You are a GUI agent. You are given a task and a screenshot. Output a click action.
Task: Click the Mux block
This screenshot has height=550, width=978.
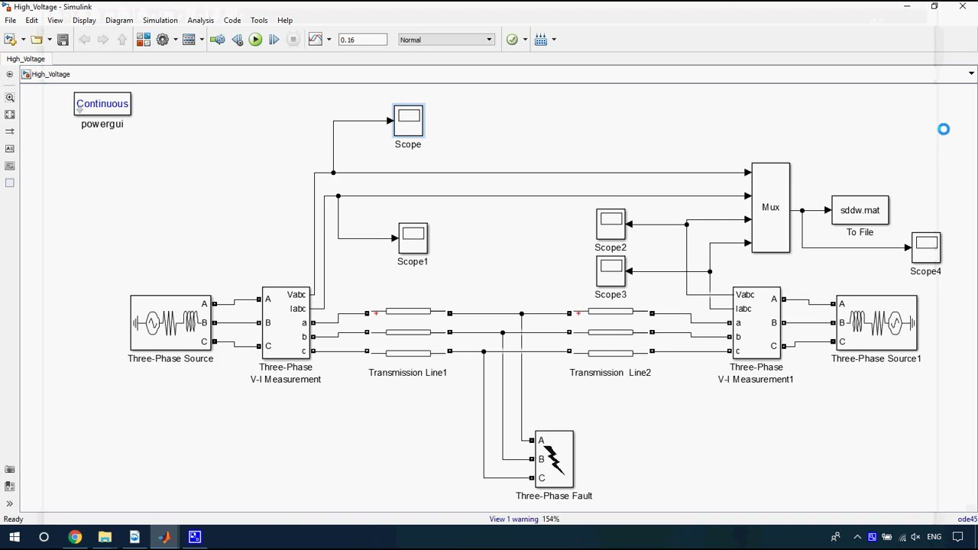click(x=770, y=207)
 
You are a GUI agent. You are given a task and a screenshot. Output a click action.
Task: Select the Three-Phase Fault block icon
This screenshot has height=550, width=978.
click(x=554, y=459)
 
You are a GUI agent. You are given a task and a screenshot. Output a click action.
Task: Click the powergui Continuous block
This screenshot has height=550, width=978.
click(x=102, y=104)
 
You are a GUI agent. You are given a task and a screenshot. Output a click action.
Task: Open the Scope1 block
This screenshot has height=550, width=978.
click(x=413, y=238)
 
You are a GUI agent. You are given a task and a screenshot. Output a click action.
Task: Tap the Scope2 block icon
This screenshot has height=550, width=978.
click(x=610, y=225)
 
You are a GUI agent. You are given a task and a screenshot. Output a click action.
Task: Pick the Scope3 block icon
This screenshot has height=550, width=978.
click(x=610, y=271)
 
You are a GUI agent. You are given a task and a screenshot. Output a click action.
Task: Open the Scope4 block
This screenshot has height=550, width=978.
click(x=926, y=247)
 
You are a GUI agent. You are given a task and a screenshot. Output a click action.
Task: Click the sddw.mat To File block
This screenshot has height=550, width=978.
click(x=860, y=210)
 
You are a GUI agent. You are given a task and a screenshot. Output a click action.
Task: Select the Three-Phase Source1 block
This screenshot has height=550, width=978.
click(x=876, y=323)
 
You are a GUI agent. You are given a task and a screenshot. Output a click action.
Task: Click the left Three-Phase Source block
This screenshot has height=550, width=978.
click(x=170, y=323)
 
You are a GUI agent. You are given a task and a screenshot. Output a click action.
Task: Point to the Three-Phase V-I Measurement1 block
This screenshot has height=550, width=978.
click(x=756, y=323)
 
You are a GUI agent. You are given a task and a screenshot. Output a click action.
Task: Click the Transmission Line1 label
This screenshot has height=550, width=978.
click(x=407, y=373)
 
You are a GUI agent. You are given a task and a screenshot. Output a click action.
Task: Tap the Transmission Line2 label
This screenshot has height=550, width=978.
click(x=610, y=373)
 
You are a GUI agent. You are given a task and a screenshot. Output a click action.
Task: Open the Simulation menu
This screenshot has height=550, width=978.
click(x=160, y=21)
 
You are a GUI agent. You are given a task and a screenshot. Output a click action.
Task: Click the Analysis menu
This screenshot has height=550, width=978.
click(x=200, y=21)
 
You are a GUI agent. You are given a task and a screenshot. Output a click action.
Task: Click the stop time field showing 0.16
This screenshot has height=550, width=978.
click(x=362, y=40)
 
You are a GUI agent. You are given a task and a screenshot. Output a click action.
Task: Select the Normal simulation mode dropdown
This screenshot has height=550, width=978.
click(x=446, y=40)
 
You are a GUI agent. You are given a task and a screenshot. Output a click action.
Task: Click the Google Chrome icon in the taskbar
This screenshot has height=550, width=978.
click(x=74, y=537)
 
